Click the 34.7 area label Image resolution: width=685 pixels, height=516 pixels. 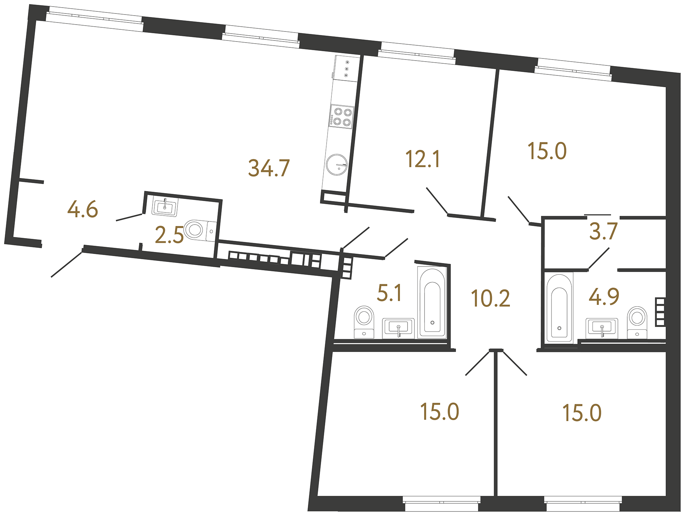[269, 168]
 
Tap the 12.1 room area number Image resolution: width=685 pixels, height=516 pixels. [422, 159]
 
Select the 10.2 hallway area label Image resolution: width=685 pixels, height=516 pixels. [490, 298]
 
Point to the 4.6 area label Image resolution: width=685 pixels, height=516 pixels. [83, 210]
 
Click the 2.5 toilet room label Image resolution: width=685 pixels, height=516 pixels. [169, 235]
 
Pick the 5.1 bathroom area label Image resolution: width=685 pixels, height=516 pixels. [389, 293]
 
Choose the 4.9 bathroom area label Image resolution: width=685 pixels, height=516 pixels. [604, 297]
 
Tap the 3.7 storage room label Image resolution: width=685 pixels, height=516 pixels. [603, 232]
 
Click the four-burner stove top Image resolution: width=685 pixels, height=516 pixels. [342, 117]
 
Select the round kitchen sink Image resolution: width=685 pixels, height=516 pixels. [337, 165]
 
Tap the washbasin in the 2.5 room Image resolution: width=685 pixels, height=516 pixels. [165, 207]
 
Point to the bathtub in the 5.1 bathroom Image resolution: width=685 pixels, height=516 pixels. [432, 302]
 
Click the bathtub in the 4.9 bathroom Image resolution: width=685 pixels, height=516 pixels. [559, 307]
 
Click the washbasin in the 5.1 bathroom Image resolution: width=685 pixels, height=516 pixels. [398, 328]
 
